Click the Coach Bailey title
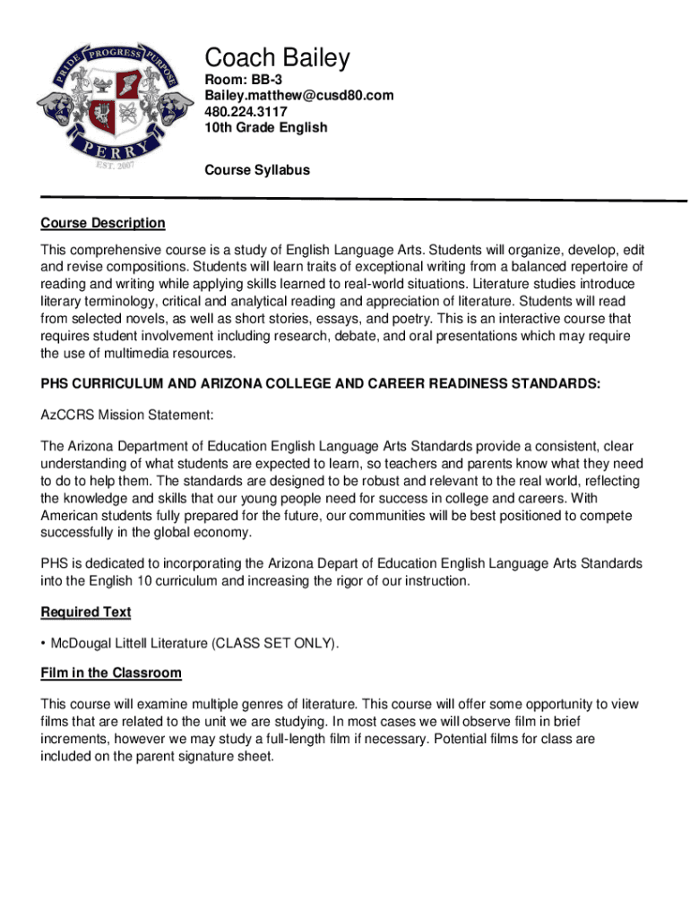coord(277,59)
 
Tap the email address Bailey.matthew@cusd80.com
coord(298,96)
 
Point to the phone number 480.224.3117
coord(246,112)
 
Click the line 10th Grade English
coord(266,128)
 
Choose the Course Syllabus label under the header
coord(257,169)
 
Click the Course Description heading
coord(103,223)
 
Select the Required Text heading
coord(86,613)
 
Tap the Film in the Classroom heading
coord(111,673)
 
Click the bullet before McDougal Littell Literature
coord(44,643)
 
